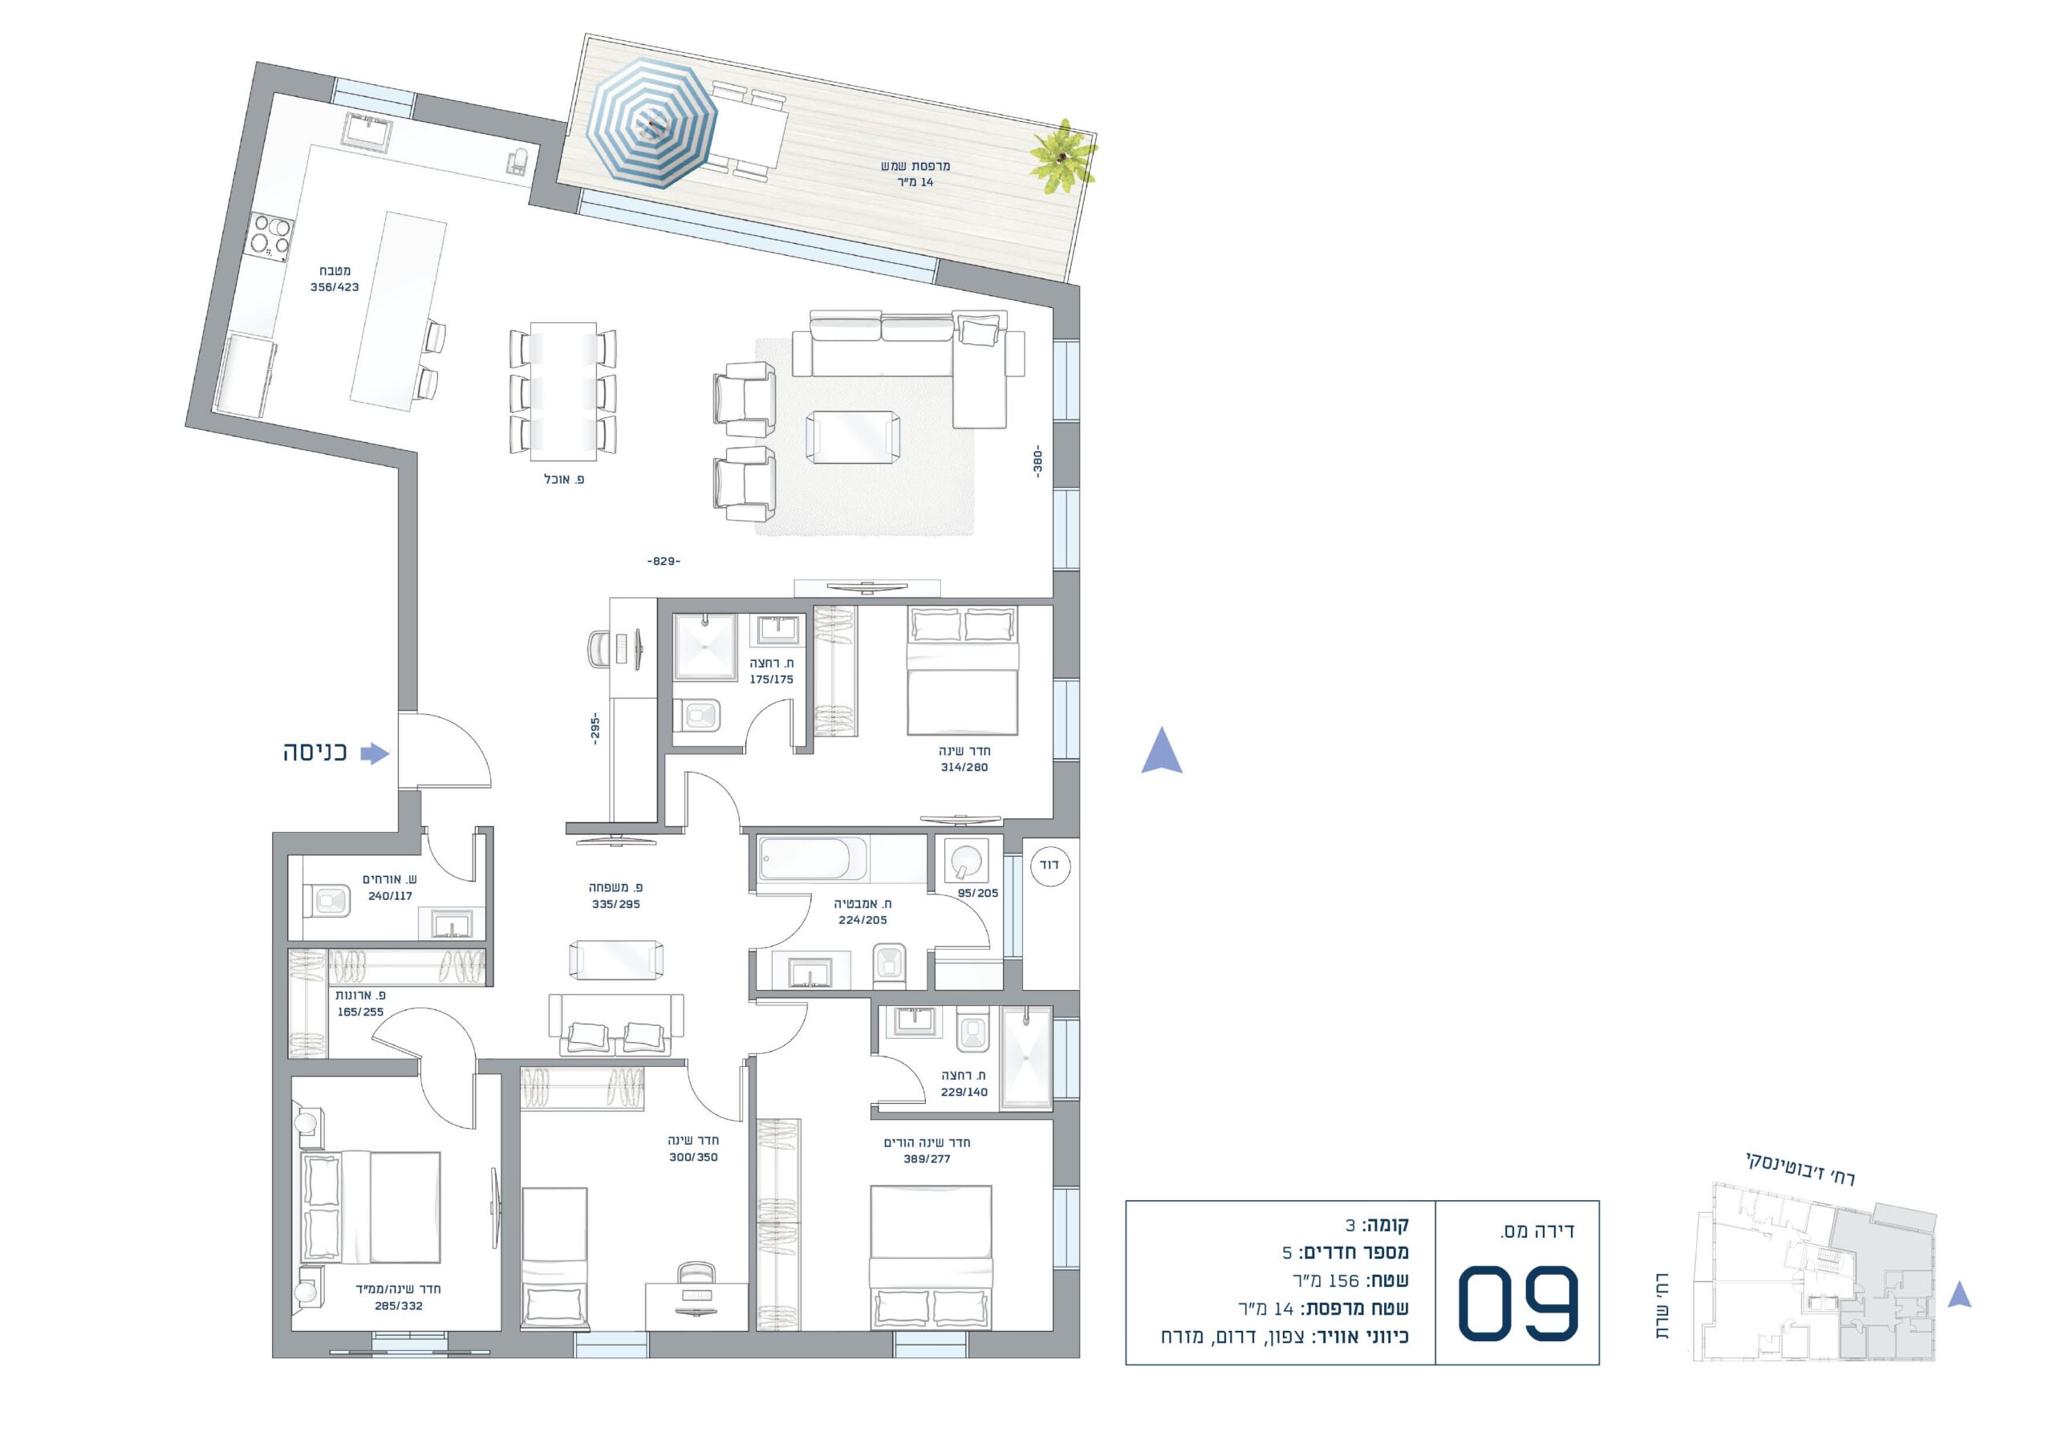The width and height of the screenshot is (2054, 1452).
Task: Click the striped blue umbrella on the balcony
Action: coord(652,123)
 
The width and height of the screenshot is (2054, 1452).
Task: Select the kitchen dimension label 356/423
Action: coord(335,287)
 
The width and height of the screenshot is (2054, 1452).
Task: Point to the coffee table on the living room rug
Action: coord(853,437)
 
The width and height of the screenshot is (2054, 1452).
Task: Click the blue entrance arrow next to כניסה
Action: coord(375,753)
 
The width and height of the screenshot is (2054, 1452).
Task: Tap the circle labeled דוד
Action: coord(1050,865)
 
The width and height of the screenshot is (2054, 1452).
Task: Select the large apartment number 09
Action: coord(1518,1303)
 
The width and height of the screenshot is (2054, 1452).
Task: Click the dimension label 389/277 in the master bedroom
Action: coord(927,1158)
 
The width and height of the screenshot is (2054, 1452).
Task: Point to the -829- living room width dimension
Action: coord(663,561)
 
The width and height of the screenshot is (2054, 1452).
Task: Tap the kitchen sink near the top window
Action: coord(367,131)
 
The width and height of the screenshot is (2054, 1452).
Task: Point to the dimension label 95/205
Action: coord(978,893)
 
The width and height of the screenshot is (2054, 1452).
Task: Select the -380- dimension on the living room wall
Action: coord(1037,461)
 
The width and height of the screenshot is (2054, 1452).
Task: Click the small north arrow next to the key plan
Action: coord(1960,1295)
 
